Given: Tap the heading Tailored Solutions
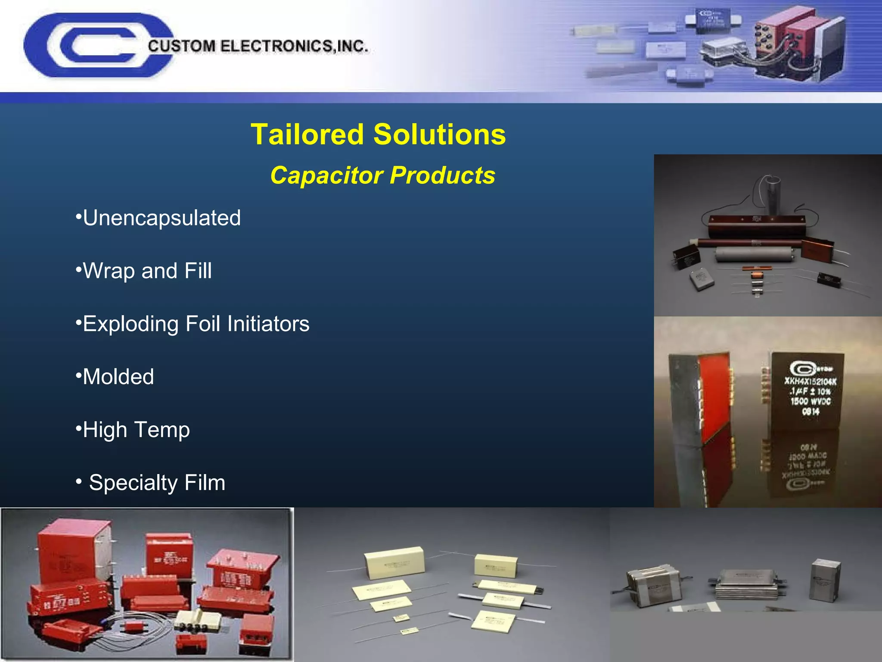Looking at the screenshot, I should click(x=378, y=134).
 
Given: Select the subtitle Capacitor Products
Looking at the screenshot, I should click(x=382, y=175).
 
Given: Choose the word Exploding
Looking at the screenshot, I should click(x=130, y=324).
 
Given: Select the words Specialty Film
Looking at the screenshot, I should click(x=157, y=483).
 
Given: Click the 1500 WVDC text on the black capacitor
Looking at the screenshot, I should click(x=811, y=401).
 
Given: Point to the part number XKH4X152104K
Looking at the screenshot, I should click(x=810, y=381).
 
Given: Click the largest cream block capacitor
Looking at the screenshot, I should click(x=394, y=562).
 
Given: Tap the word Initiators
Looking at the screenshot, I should click(x=268, y=324).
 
